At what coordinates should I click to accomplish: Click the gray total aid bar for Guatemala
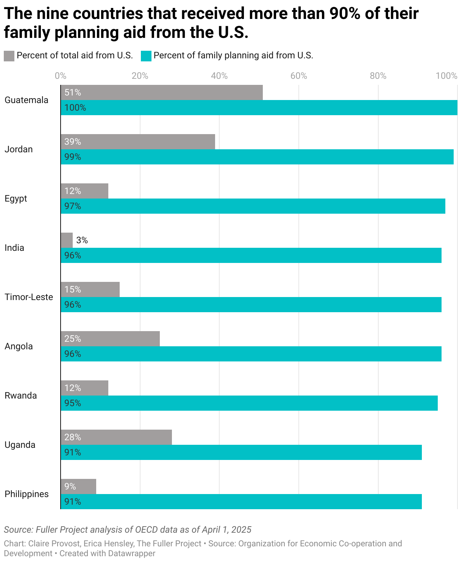coord(161,92)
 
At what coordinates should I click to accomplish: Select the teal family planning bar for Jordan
coord(257,157)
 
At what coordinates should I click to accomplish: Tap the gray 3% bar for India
coord(66,240)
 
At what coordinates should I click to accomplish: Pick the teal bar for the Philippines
coord(241,501)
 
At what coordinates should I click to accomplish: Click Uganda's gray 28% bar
coord(116,437)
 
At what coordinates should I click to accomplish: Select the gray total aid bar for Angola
coord(110,339)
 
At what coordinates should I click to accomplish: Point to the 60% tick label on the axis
coord(299,76)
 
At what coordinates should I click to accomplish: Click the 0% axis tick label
coord(61,76)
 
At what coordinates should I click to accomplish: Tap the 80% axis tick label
coord(378,76)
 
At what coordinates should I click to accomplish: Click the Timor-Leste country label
coord(29,297)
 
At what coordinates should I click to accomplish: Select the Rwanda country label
coord(20,396)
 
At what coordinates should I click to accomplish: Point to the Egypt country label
coord(16,199)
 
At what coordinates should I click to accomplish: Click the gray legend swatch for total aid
coord(9,56)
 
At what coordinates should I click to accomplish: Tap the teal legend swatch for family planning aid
coord(146,56)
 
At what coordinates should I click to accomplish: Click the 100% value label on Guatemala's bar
coord(75,108)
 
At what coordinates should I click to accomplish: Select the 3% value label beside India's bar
coord(82,240)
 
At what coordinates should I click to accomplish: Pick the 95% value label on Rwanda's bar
coord(73,403)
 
